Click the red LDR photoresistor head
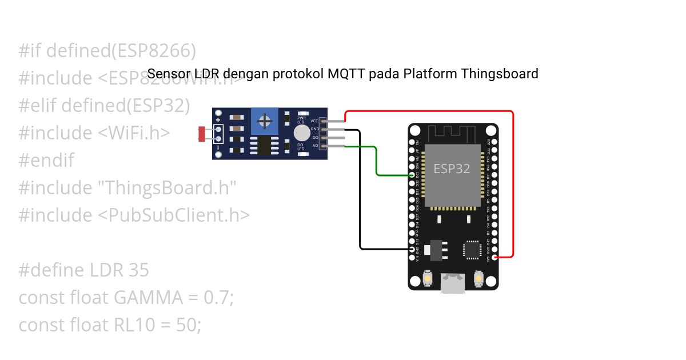[201, 134]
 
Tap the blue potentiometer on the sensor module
[265, 121]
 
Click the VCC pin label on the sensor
[314, 121]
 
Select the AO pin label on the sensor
[314, 146]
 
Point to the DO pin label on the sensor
[314, 138]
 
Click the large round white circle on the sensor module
[301, 133]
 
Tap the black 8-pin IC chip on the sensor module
[264, 145]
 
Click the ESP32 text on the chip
[452, 169]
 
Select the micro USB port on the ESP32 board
[453, 283]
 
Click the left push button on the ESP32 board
[428, 279]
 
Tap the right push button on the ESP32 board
[478, 279]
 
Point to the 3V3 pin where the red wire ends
[494, 257]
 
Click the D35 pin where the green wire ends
[413, 175]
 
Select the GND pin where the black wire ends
[413, 249]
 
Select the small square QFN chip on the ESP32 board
[472, 250]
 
